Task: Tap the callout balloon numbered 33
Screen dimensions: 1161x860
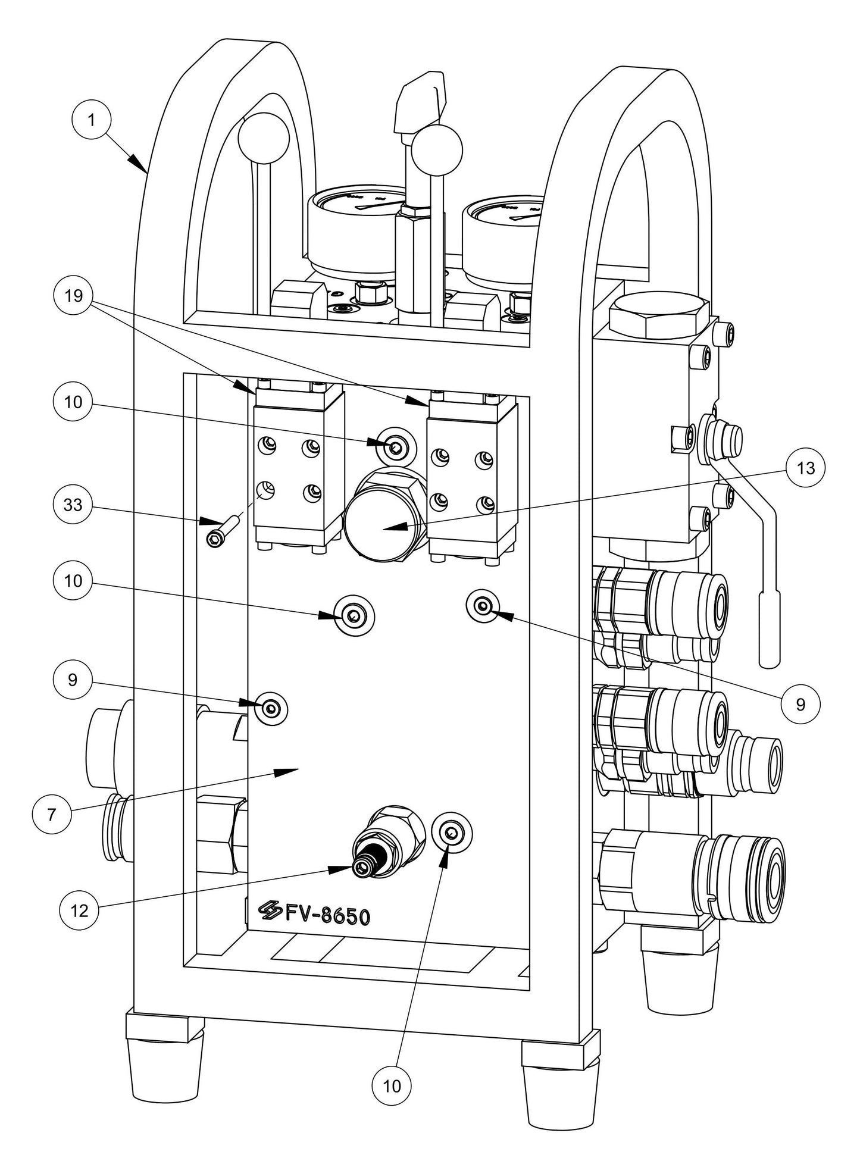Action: click(73, 505)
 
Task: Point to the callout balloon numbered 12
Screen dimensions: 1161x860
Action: click(79, 910)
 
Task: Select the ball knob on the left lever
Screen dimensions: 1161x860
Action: click(263, 137)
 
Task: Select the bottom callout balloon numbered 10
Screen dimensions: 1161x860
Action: click(392, 1085)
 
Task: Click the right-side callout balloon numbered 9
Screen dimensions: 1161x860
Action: click(800, 704)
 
